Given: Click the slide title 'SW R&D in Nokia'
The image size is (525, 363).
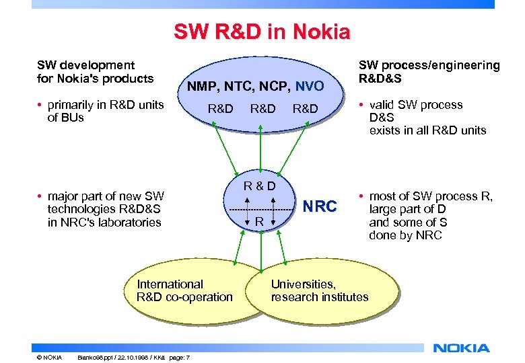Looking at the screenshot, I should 262,32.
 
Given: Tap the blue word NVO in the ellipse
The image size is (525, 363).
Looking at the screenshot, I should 310,86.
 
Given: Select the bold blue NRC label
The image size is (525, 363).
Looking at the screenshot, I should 320,206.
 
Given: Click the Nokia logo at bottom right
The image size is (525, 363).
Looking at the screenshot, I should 461,348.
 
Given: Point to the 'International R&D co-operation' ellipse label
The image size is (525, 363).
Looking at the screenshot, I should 184,290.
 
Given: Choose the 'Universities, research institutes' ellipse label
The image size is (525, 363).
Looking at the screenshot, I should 319,290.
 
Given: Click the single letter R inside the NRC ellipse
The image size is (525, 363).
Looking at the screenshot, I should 258,222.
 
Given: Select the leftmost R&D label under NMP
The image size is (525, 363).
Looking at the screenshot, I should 220,108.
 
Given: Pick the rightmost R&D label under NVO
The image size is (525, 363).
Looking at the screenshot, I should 305,108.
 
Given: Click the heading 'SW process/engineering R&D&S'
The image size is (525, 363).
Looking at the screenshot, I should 429,71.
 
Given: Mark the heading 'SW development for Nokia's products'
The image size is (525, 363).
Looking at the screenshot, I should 95,71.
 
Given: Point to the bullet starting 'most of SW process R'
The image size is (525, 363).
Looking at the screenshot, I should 429,216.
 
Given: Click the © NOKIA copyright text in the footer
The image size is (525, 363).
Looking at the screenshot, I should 50,356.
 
